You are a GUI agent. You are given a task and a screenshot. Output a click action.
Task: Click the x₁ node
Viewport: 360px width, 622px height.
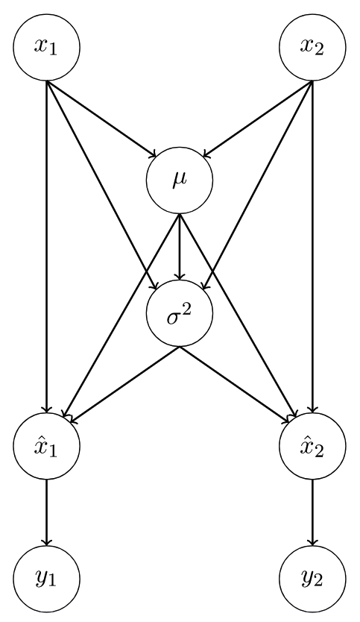[47, 47]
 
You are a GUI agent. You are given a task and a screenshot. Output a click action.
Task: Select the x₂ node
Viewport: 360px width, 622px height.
[313, 47]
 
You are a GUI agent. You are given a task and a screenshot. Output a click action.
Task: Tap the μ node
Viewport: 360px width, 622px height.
[180, 180]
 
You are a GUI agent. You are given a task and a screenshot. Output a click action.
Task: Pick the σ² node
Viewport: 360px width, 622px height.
[180, 313]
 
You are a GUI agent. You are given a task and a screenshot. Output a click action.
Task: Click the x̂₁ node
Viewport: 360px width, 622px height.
[47, 446]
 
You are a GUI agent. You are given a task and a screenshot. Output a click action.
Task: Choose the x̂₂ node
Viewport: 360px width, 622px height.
[313, 446]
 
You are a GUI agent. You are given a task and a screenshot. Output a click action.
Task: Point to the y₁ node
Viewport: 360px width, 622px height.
[47, 579]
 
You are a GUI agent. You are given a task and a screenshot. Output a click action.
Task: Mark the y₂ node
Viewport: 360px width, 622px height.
[313, 579]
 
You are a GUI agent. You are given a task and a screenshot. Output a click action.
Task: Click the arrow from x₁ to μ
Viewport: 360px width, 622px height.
[101, 119]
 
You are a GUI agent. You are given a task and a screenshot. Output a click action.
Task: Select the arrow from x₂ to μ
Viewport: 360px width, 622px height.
[258, 119]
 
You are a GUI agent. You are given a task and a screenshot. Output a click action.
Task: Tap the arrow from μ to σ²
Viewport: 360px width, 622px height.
[180, 247]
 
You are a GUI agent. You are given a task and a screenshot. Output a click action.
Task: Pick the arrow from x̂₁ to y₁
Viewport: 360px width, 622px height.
[47, 513]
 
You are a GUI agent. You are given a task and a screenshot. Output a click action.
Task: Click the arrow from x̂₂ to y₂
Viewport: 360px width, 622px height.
[313, 513]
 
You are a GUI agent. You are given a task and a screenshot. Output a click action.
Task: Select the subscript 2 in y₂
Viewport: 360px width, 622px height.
[318, 582]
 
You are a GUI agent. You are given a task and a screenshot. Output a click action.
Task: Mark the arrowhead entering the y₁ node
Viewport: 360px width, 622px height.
[47, 543]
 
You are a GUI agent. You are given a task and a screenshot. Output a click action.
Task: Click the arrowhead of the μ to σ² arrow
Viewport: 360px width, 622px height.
[180, 277]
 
